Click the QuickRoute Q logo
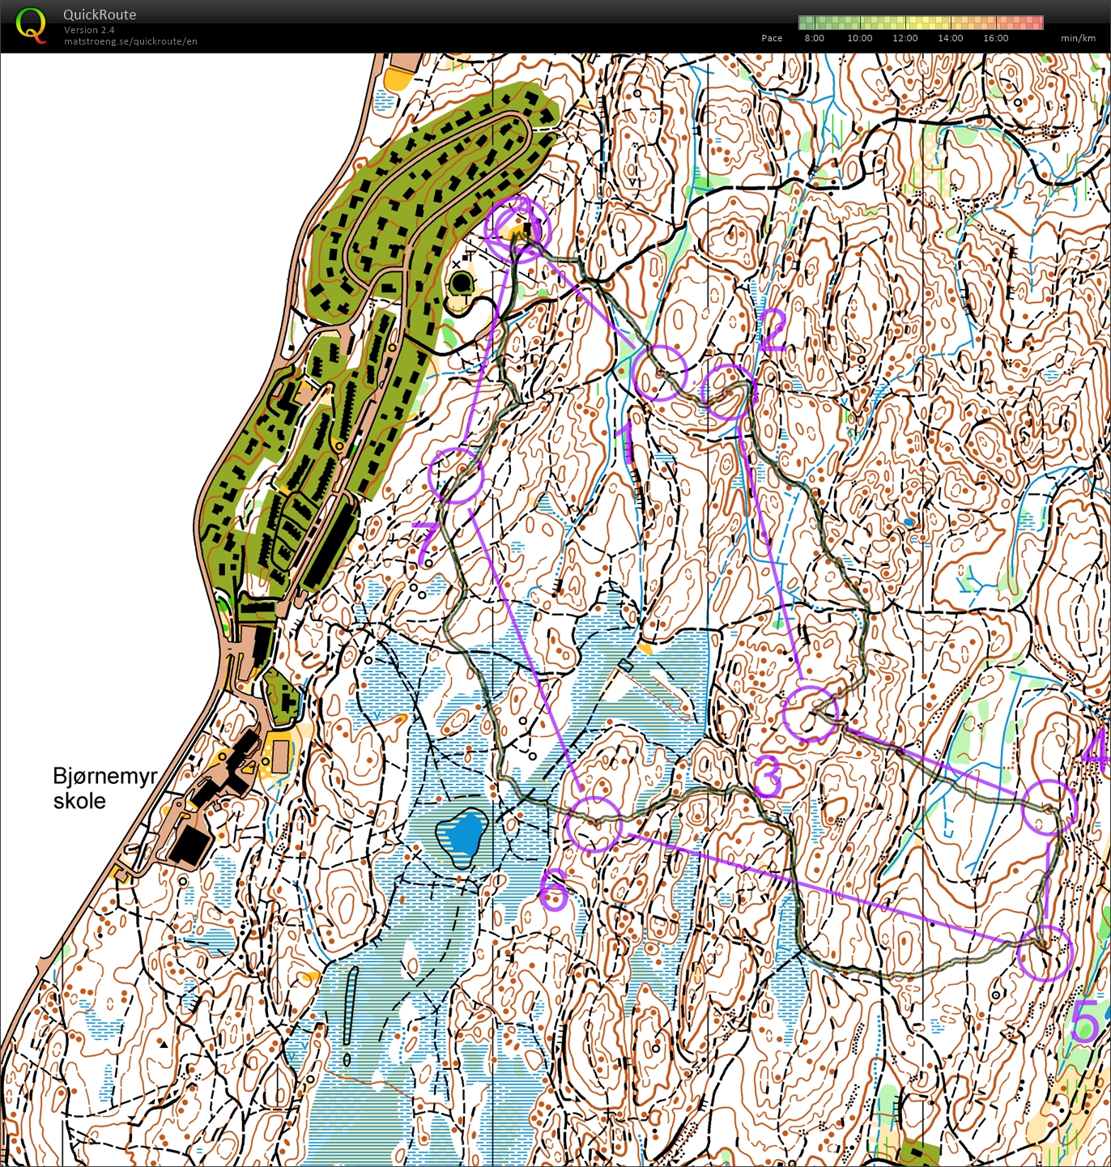(x=31, y=25)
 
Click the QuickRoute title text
(x=100, y=15)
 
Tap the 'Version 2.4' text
(x=89, y=30)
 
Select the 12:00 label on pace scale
(x=905, y=38)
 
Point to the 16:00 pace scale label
(x=995, y=38)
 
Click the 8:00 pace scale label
(x=814, y=38)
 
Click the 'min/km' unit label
(x=1078, y=38)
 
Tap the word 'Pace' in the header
(x=772, y=38)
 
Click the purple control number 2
(x=772, y=330)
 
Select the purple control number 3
(x=768, y=776)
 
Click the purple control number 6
(x=554, y=889)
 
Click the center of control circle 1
(x=659, y=373)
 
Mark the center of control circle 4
(x=1049, y=807)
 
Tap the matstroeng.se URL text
(x=130, y=41)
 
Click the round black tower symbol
(x=461, y=283)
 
